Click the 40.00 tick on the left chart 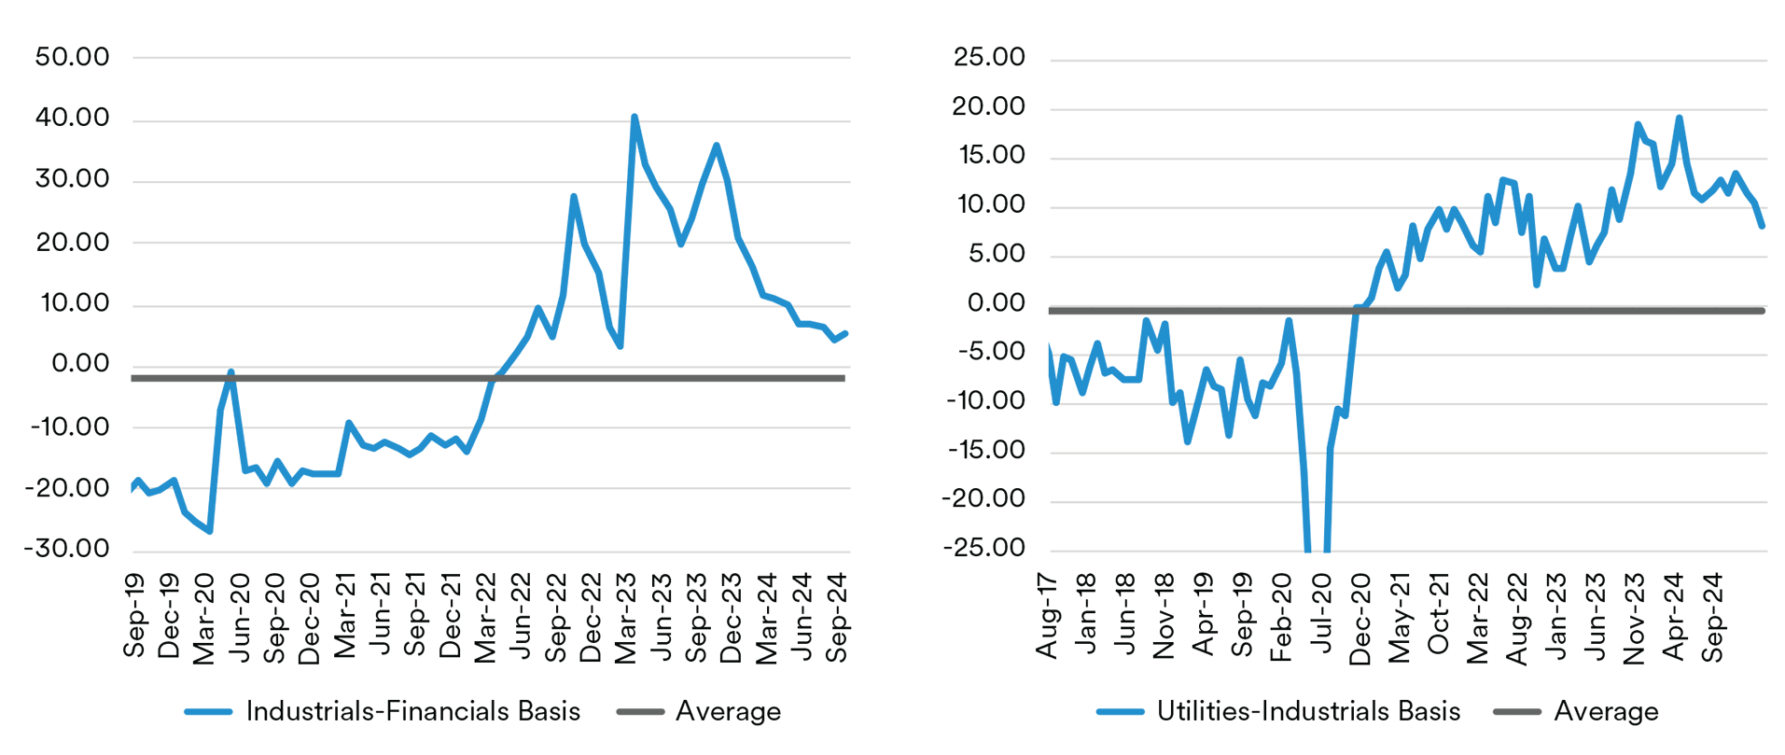(x=72, y=118)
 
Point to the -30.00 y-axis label (x=67, y=548)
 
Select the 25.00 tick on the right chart (x=989, y=57)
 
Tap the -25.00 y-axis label (x=983, y=547)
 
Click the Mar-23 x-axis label (x=625, y=617)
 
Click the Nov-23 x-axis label (x=1634, y=617)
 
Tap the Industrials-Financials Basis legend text (x=412, y=711)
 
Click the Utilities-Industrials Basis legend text (x=1308, y=711)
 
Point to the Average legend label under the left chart (x=728, y=711)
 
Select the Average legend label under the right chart (x=1606, y=711)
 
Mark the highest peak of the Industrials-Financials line (x=635, y=118)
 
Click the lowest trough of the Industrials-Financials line (x=210, y=531)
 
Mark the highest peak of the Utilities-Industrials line (x=1679, y=119)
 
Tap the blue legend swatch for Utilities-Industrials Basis (x=1120, y=712)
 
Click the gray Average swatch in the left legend (x=640, y=712)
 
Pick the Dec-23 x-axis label (x=732, y=617)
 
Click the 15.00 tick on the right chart (x=991, y=155)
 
